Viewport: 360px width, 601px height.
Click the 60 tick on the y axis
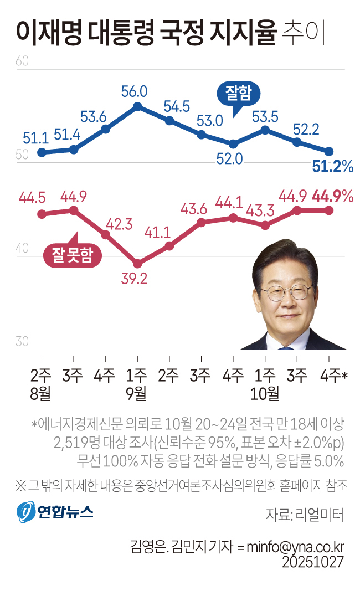(22, 61)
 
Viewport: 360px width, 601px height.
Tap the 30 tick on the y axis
(22, 342)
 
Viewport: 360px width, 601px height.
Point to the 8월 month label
(41, 394)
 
